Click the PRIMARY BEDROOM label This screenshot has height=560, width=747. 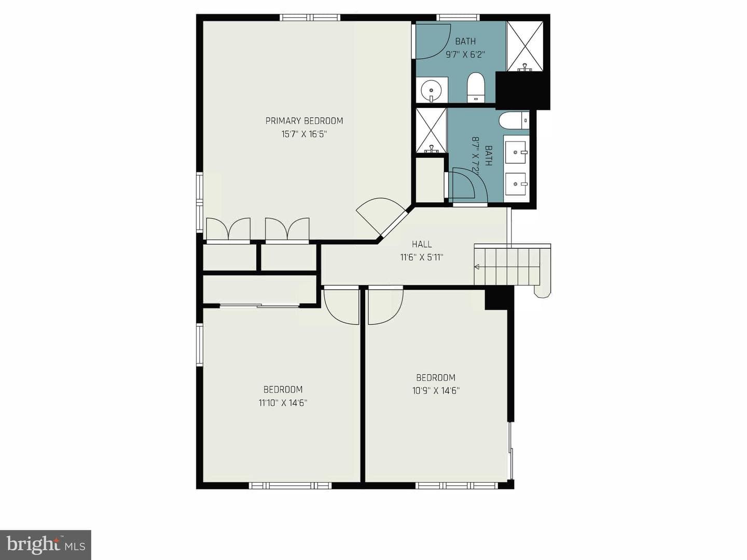(304, 121)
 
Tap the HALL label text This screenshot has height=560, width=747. (422, 244)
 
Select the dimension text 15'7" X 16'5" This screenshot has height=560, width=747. (304, 134)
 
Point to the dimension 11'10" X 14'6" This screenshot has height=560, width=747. (283, 403)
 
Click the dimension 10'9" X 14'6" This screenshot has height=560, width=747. (436, 391)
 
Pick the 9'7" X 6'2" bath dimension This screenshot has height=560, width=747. (465, 54)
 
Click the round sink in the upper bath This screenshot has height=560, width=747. (431, 90)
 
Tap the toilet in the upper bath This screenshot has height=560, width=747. (476, 87)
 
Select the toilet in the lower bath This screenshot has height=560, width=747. (514, 121)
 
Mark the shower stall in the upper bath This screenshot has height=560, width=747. (525, 46)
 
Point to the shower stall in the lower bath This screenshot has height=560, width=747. (431, 131)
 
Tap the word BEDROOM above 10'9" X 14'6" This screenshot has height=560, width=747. (436, 378)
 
